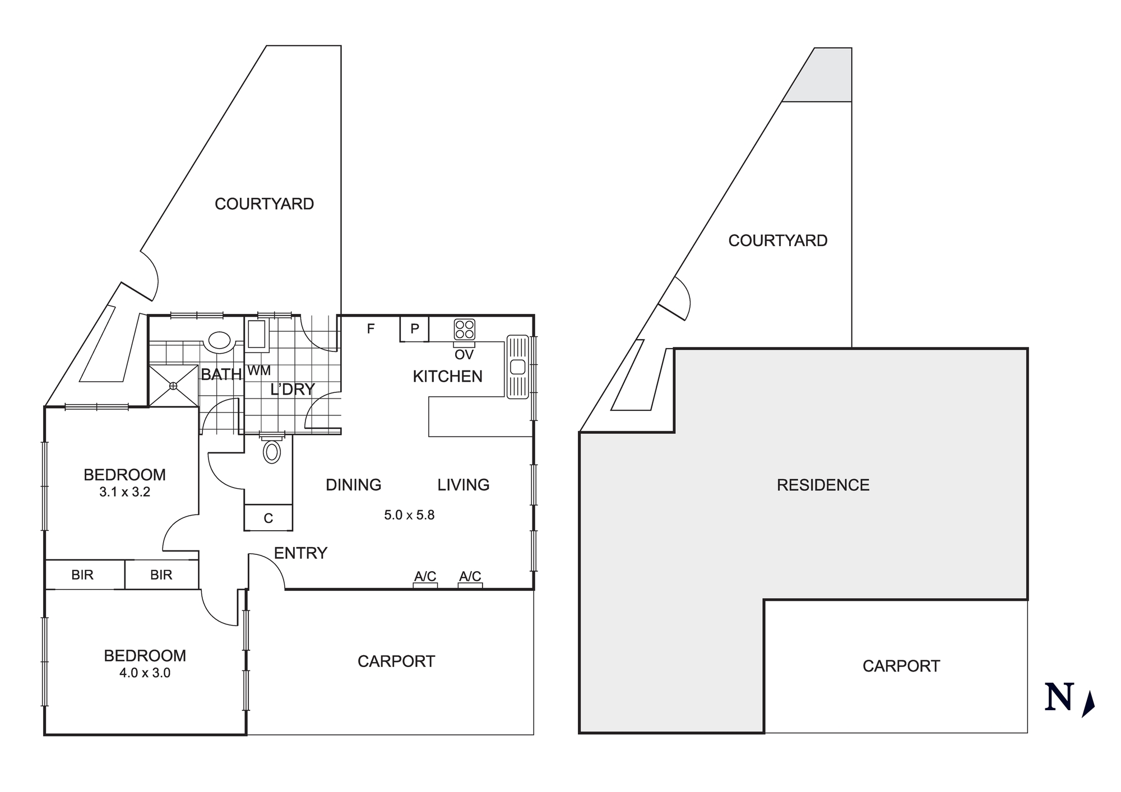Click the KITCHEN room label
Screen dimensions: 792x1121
tap(447, 376)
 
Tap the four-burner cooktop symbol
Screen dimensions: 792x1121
tap(465, 329)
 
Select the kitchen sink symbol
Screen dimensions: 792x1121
tap(518, 367)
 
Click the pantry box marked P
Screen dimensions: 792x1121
tap(415, 328)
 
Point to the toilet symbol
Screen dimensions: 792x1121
tap(272, 451)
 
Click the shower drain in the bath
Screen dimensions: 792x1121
tap(173, 386)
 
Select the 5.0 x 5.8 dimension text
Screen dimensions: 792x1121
tap(409, 515)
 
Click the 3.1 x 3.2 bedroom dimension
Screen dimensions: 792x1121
tap(124, 492)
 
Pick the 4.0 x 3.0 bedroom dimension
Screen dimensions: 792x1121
tap(145, 673)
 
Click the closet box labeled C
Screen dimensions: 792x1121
tap(268, 518)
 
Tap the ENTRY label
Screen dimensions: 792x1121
tap(300, 553)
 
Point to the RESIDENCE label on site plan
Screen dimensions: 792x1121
tap(823, 485)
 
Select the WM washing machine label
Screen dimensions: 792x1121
tap(259, 370)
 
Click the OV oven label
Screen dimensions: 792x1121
tap(464, 354)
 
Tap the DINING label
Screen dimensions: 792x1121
tap(353, 484)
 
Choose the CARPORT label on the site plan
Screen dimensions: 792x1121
tap(901, 666)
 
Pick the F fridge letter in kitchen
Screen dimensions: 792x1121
tap(370, 329)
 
